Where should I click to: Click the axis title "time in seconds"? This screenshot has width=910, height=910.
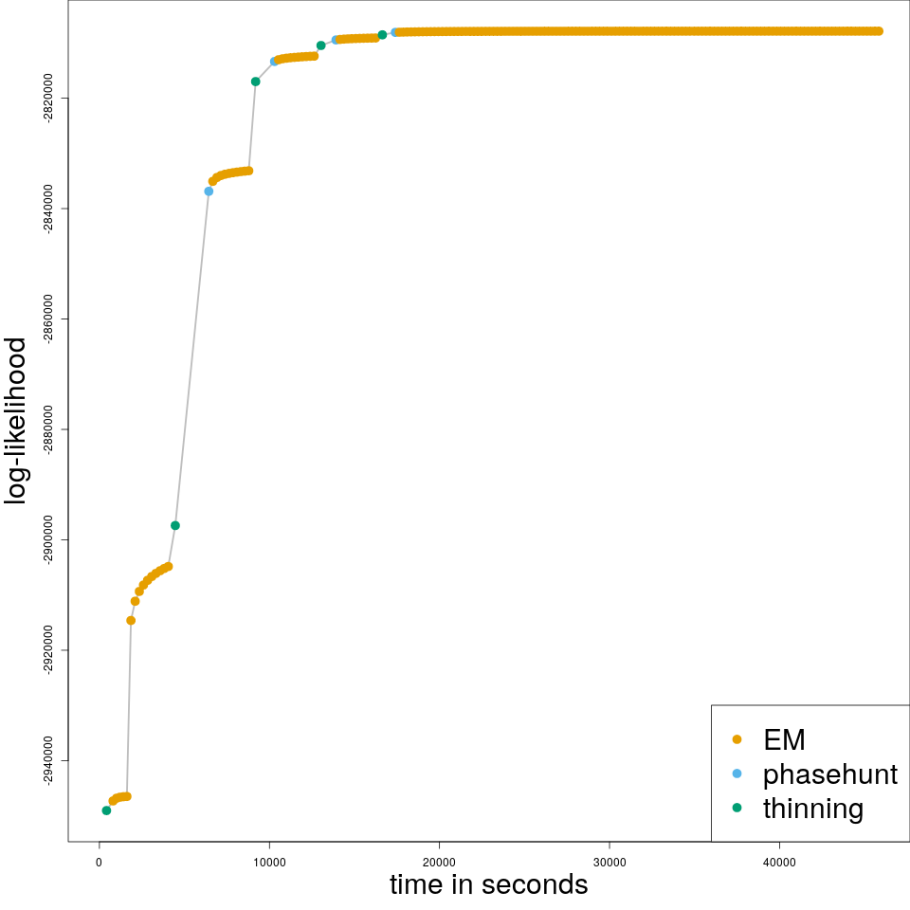[x=488, y=885]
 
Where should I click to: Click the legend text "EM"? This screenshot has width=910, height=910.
[x=784, y=739]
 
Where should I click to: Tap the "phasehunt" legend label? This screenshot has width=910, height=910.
[x=829, y=774]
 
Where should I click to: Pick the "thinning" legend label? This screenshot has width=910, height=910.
[x=813, y=809]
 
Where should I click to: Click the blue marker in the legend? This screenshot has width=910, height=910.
[x=737, y=773]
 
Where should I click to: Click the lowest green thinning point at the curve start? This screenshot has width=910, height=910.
[x=106, y=810]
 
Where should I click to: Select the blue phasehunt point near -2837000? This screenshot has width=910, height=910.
[x=209, y=191]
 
